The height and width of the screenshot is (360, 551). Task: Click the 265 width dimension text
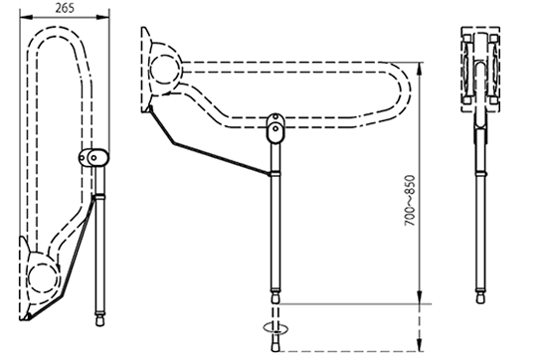pos(65,8)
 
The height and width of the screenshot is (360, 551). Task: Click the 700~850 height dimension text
pos(410,201)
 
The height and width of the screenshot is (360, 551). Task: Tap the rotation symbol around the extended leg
pos(275,328)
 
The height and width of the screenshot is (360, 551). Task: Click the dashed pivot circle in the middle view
pos(165,70)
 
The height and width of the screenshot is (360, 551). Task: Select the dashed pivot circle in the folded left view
pos(43,277)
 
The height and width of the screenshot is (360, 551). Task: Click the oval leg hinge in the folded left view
pos(93,158)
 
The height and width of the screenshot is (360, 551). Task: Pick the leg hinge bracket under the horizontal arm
pos(275,127)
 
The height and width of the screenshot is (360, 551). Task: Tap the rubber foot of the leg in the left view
pos(100,320)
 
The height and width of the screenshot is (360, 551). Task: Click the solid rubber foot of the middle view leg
pos(275,297)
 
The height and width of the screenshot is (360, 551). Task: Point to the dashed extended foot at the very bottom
pos(275,346)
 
